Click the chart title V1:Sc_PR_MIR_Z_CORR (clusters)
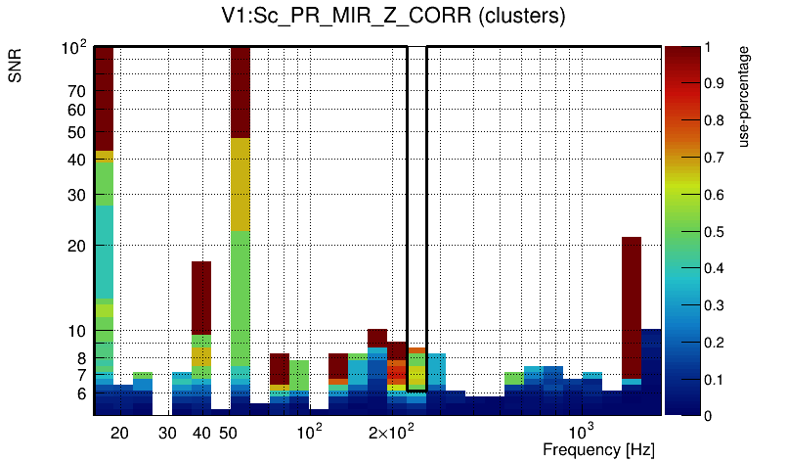[393, 17]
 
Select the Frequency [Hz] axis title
[598, 449]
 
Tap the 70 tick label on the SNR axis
[77, 91]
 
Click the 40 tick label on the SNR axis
[77, 159]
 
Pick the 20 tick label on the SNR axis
[77, 246]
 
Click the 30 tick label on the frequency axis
[167, 433]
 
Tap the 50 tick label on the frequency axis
[228, 433]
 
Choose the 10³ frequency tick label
[582, 432]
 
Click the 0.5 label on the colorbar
[716, 231]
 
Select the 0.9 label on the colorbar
[716, 83]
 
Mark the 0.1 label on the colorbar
[716, 379]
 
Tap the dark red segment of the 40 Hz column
[201, 298]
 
